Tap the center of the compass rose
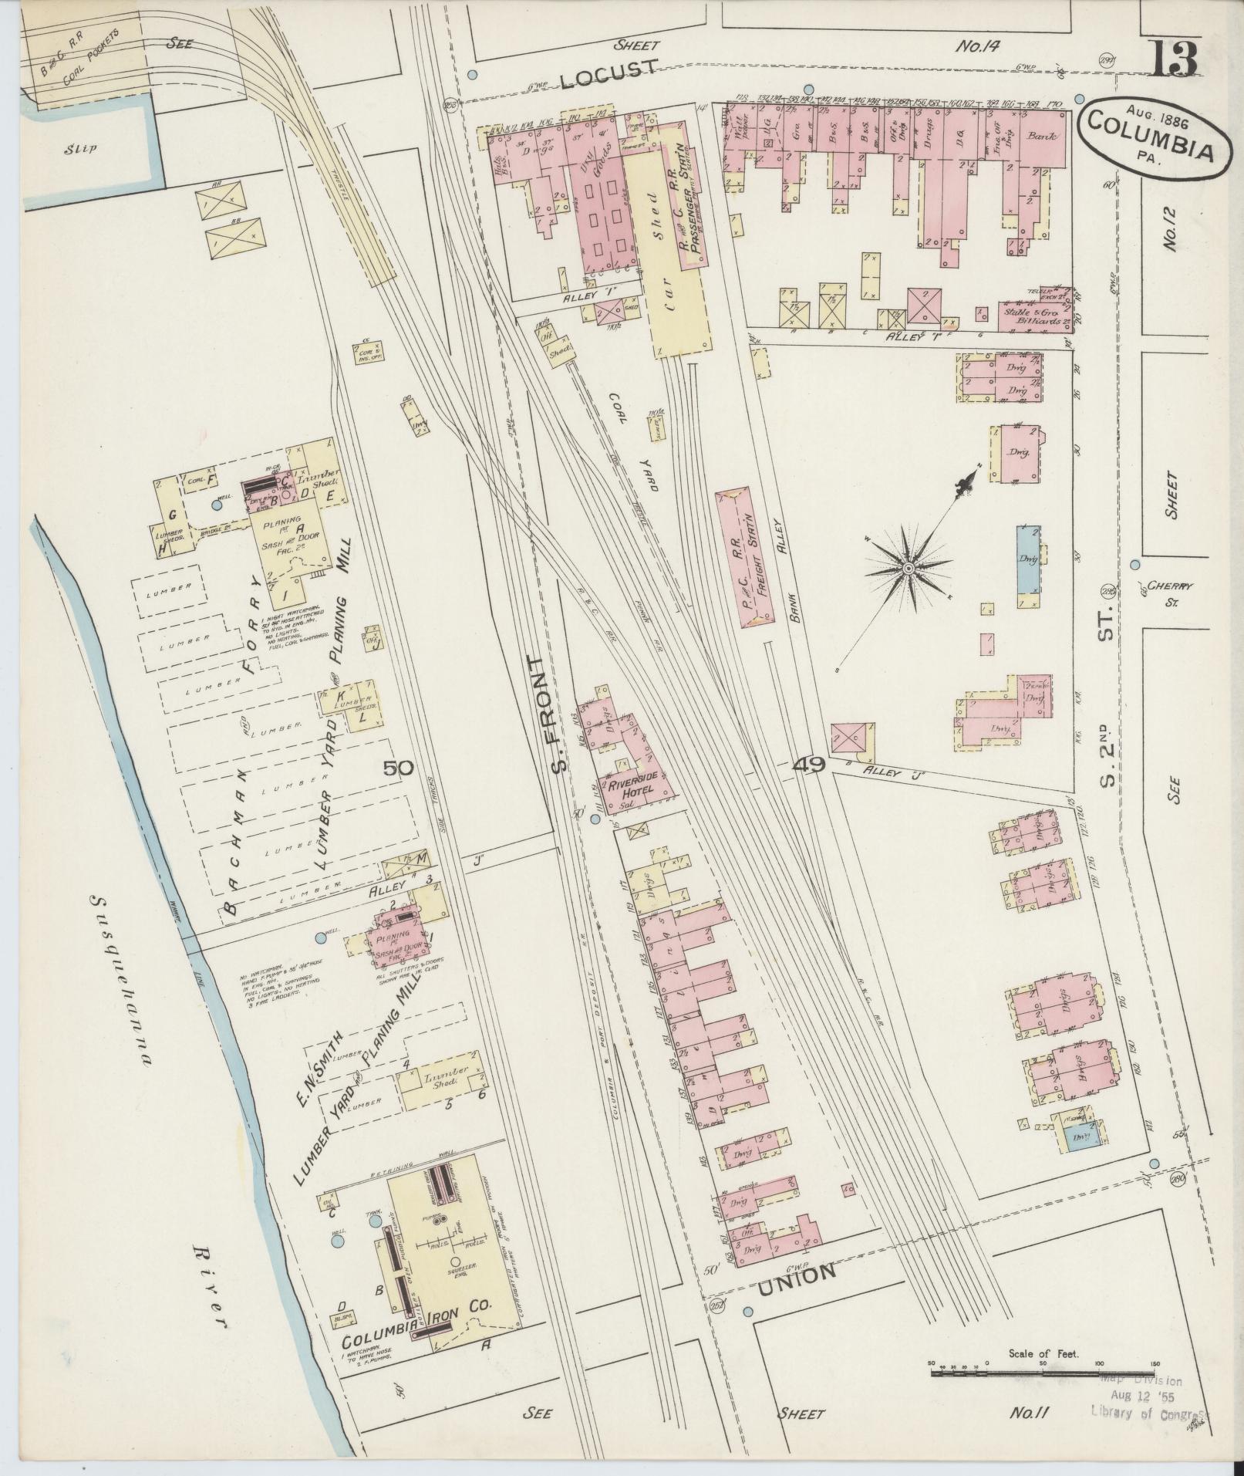click(x=908, y=569)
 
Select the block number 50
click(x=399, y=768)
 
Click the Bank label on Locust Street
click(x=1042, y=137)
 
